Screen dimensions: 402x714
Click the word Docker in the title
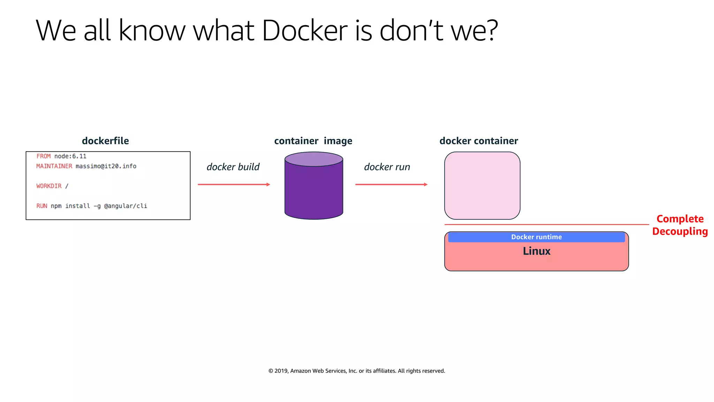click(304, 31)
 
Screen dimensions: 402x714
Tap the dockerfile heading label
click(105, 141)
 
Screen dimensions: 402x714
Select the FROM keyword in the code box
click(44, 156)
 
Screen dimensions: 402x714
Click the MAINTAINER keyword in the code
click(54, 166)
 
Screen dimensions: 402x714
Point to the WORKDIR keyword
click(49, 186)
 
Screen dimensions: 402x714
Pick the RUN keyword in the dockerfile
click(41, 206)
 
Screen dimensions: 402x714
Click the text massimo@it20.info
click(106, 166)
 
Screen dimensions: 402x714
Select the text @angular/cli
click(126, 206)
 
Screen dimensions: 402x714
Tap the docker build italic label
click(233, 167)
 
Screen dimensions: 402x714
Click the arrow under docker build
click(234, 184)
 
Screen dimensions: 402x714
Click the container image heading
click(313, 141)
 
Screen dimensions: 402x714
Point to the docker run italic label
click(387, 167)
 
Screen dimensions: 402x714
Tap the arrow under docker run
click(391, 184)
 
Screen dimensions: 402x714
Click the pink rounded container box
click(482, 186)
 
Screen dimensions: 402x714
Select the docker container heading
click(479, 141)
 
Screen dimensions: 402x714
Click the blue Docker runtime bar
click(536, 237)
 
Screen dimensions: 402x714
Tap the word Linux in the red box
click(536, 251)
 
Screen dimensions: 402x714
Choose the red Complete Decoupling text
click(680, 225)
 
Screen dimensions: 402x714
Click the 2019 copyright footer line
click(357, 371)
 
